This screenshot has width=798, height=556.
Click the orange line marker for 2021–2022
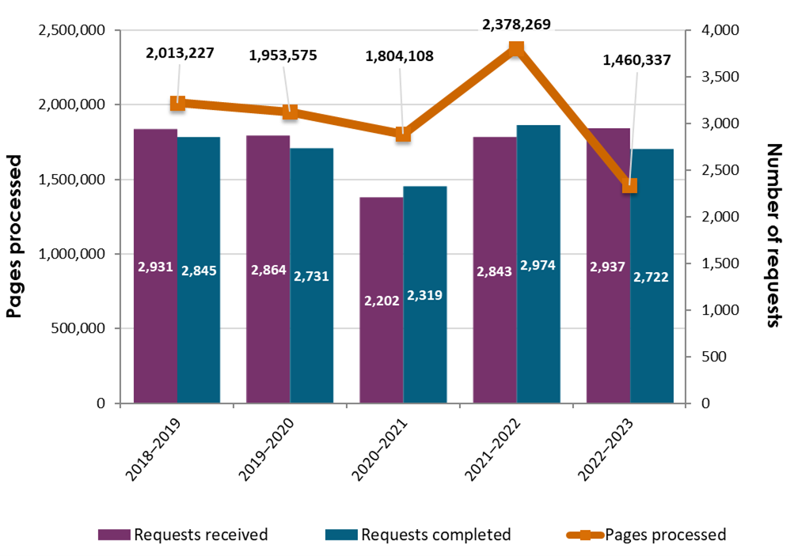pos(516,49)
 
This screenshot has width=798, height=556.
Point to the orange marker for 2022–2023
pos(629,185)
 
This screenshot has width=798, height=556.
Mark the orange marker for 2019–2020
pos(290,112)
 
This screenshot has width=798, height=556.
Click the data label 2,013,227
pos(180,54)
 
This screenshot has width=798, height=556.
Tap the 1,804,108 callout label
pos(399,56)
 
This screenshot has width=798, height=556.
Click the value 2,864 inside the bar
pos(268,270)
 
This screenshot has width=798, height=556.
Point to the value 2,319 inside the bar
pos(424,295)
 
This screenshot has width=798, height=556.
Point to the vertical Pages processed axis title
pos(15,236)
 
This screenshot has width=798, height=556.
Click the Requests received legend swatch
pos(114,535)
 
